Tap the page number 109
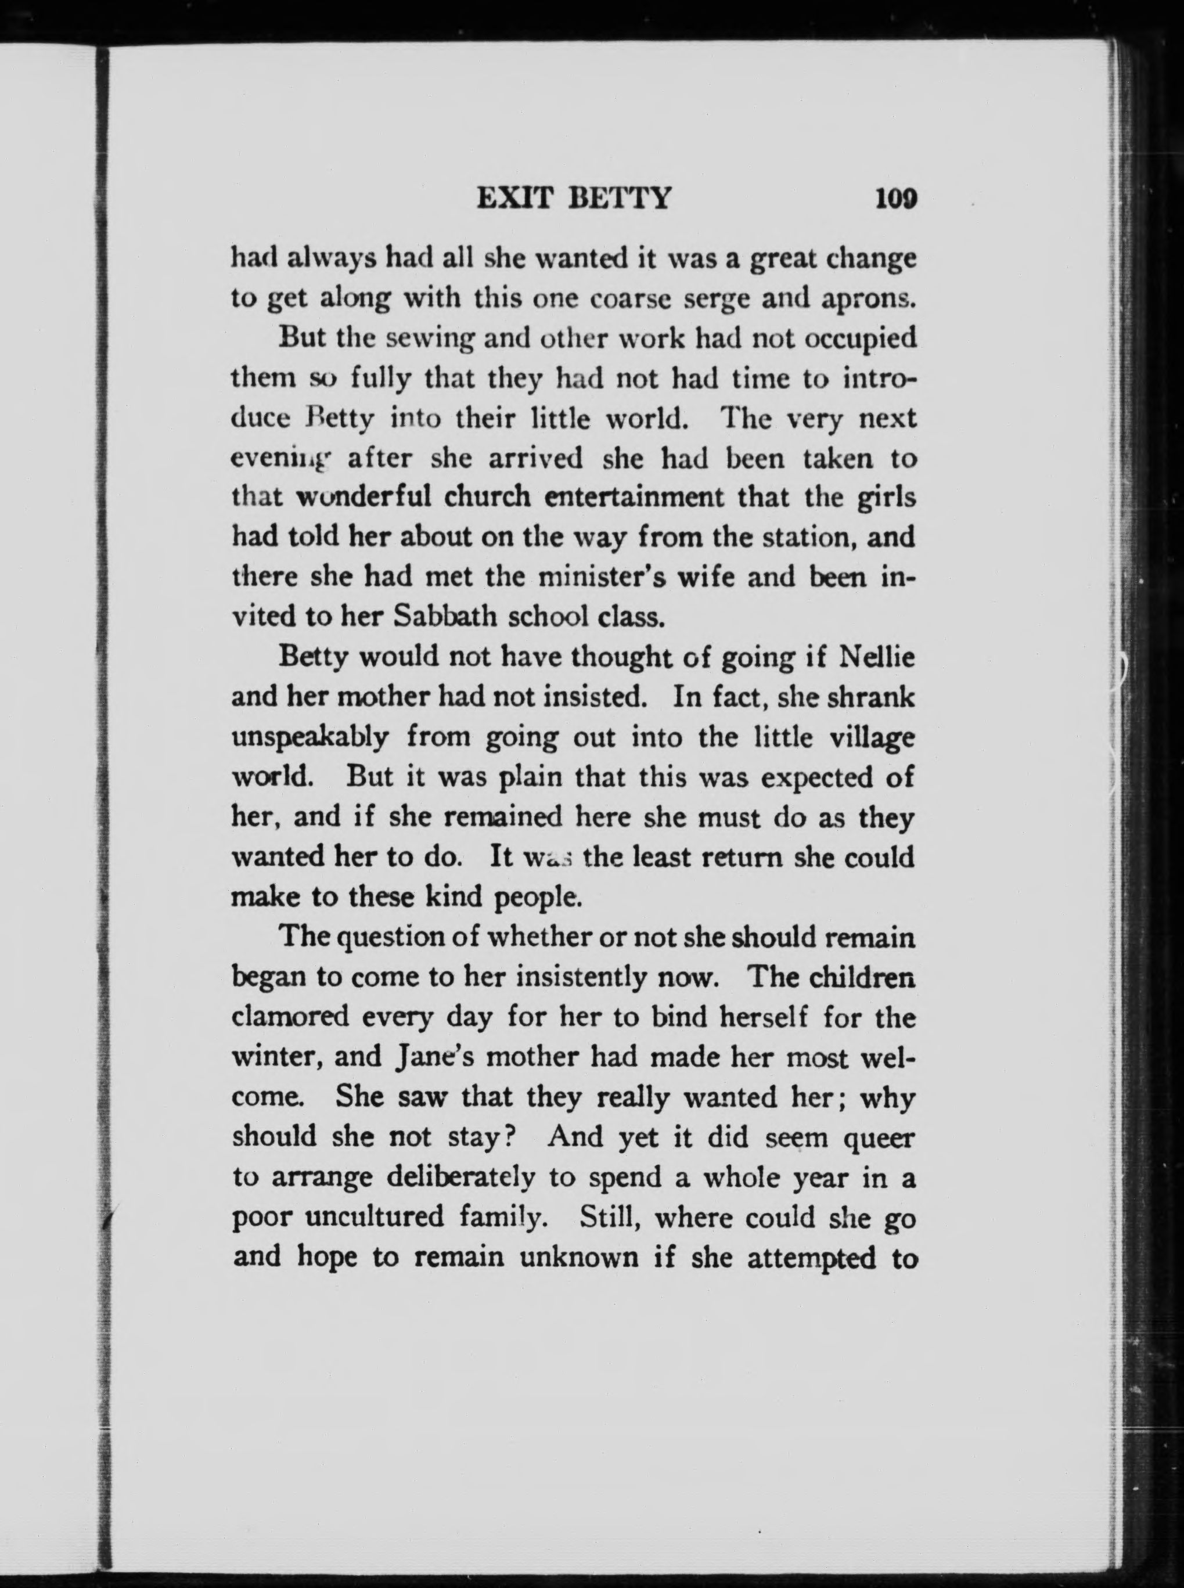point(895,198)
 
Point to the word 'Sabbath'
point(446,617)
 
